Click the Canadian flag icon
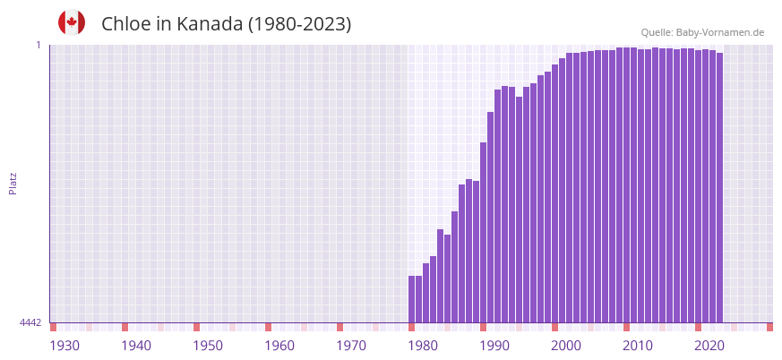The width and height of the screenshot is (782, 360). point(72,23)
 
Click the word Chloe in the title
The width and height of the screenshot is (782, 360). point(125,24)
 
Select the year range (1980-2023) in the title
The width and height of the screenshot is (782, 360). point(299,24)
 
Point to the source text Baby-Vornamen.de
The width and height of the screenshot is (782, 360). point(719,32)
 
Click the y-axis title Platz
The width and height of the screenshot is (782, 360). point(13,183)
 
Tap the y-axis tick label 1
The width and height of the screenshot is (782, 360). point(39,45)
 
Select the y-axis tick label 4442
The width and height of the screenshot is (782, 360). point(30,322)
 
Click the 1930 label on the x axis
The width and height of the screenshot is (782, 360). point(64,346)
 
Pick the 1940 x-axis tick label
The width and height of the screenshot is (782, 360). point(136,346)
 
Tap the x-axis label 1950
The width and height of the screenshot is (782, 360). point(208,346)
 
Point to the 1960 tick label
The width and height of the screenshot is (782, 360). point(279,346)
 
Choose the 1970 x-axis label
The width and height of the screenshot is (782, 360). point(351,346)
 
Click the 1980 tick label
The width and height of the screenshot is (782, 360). point(423,346)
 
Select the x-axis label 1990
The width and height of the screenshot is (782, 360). point(494,346)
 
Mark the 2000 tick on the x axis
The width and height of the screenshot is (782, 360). point(566,346)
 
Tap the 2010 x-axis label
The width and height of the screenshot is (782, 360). point(638,346)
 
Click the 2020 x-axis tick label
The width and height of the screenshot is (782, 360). point(709,346)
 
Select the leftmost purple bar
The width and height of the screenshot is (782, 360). point(412,299)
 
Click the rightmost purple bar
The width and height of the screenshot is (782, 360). point(719,188)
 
